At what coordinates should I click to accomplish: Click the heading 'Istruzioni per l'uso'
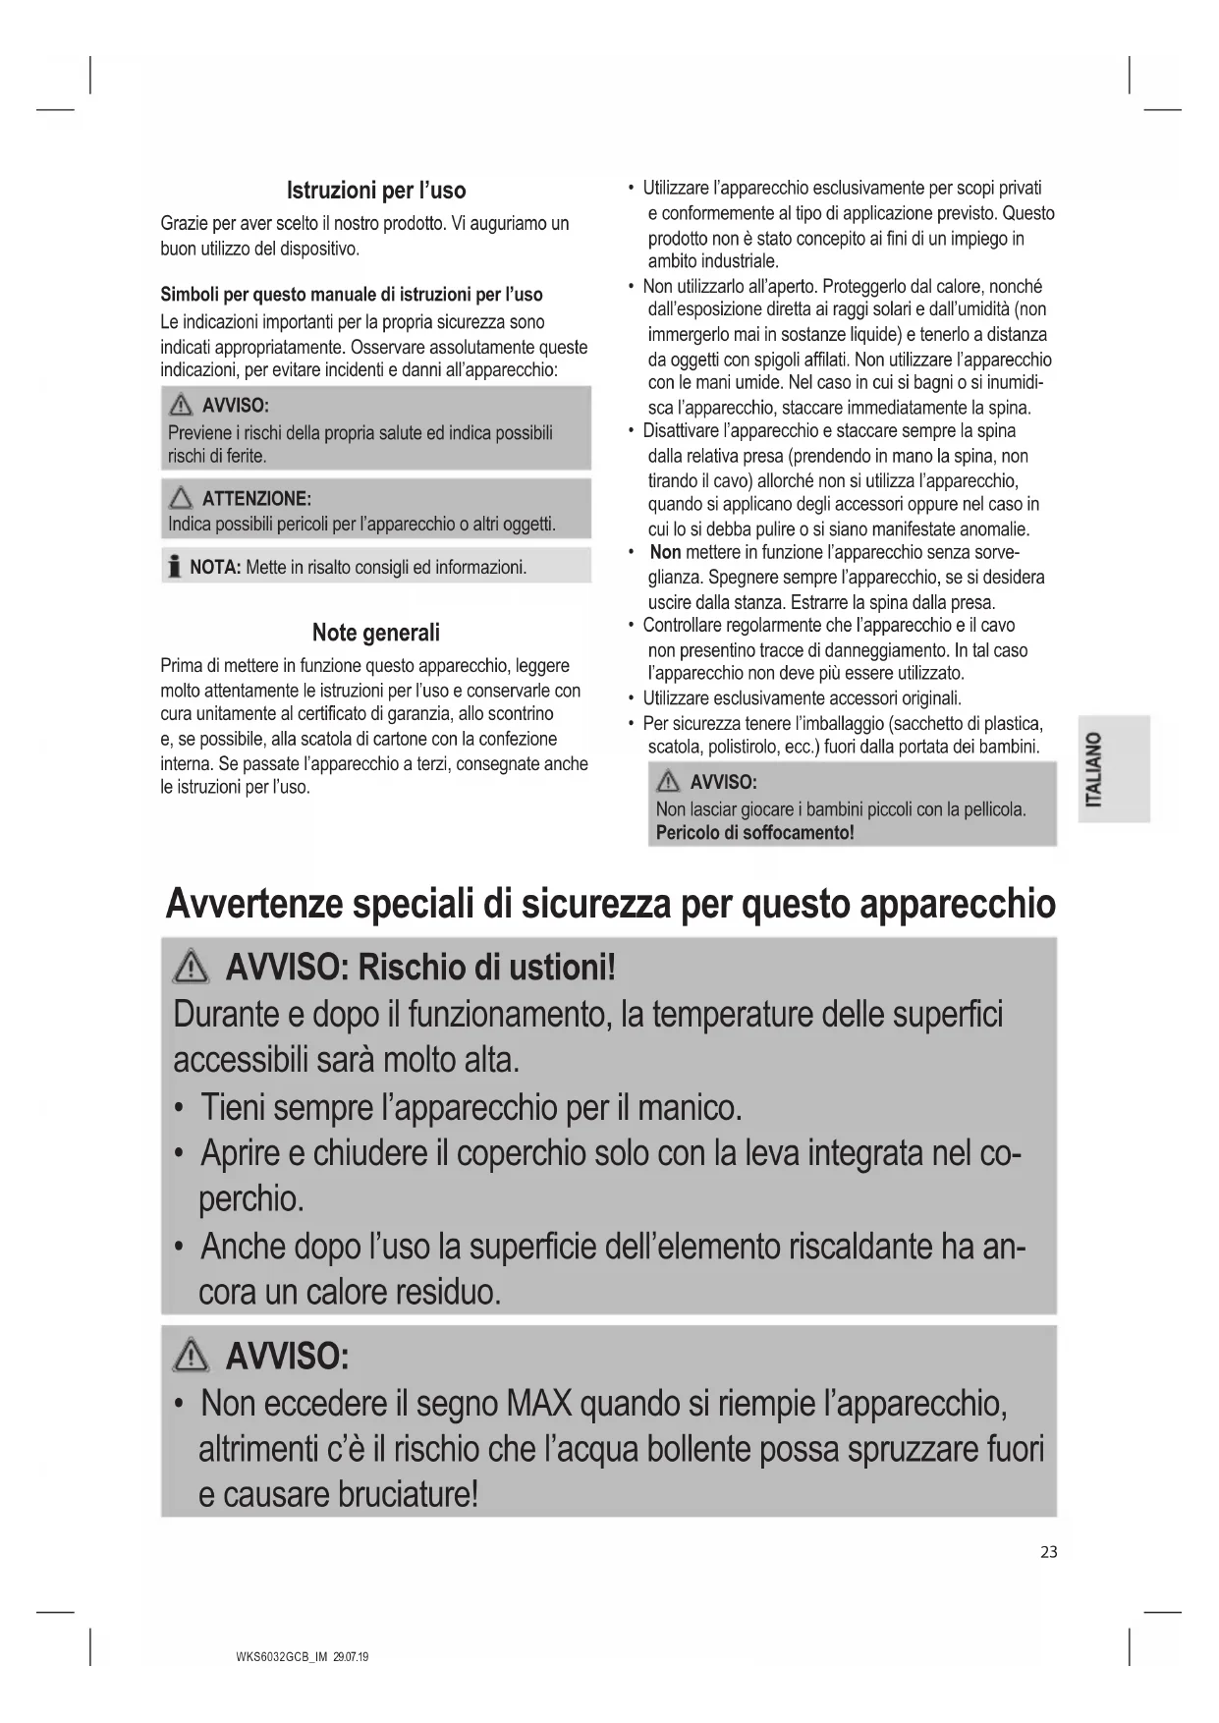click(x=375, y=191)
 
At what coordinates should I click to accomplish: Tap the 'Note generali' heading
click(x=375, y=633)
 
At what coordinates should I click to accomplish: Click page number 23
click(x=1048, y=1552)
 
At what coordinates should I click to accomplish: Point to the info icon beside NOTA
click(x=175, y=567)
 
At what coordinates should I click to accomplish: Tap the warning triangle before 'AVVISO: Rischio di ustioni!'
click(x=189, y=971)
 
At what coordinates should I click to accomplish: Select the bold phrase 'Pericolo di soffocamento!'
click(x=754, y=833)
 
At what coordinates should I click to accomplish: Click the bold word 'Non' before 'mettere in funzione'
click(x=665, y=553)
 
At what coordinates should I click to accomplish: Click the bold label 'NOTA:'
click(x=214, y=568)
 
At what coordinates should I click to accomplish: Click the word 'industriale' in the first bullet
click(x=712, y=261)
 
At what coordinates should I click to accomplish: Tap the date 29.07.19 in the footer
click(x=351, y=1657)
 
